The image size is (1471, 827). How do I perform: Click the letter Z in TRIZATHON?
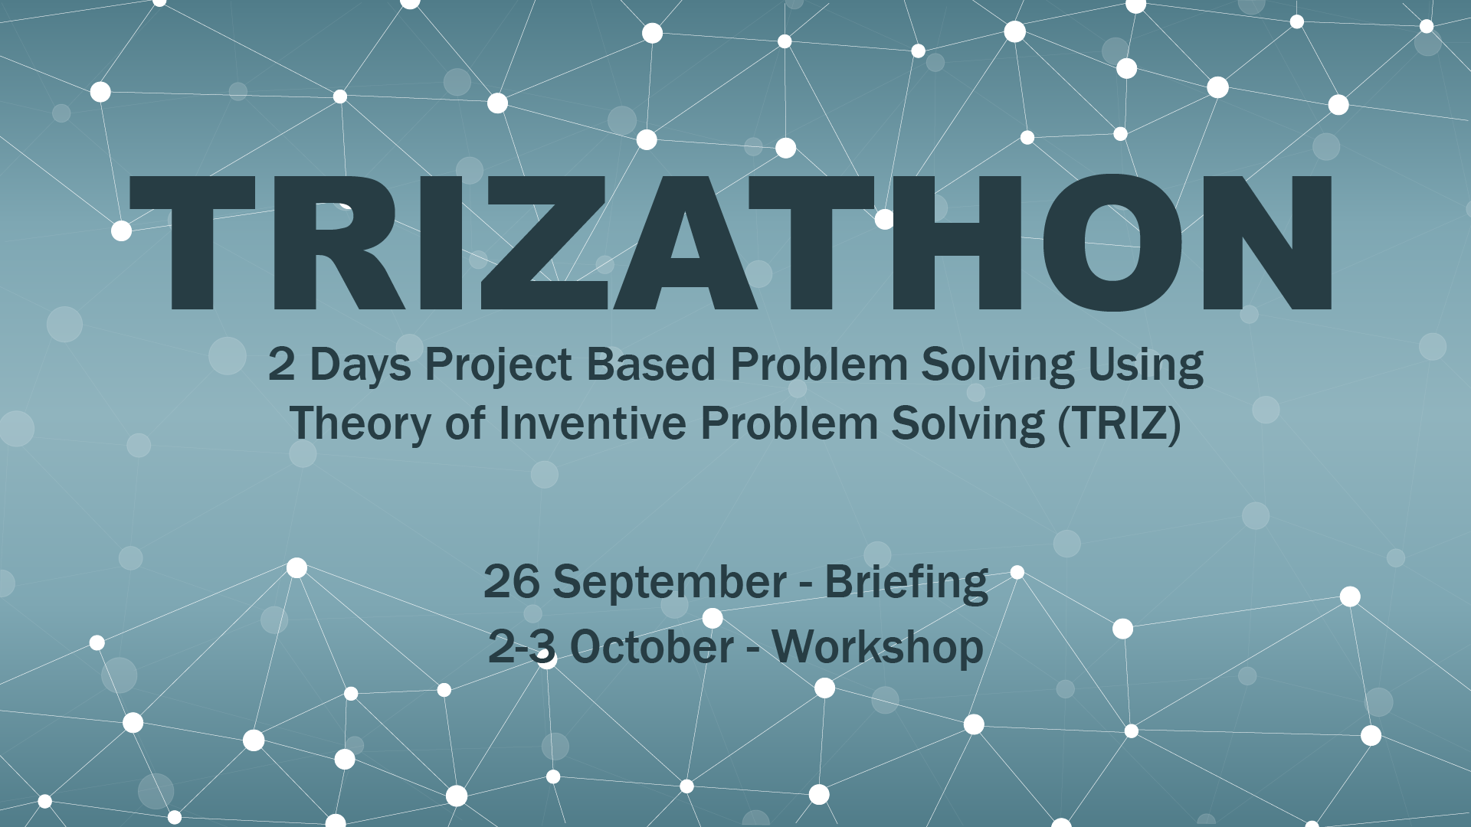545,242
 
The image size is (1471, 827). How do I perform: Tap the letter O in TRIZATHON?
1112,242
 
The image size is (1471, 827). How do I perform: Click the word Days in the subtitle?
360,364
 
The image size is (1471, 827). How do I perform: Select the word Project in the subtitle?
499,364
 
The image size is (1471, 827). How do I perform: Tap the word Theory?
360,424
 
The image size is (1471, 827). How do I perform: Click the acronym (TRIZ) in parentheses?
1119,423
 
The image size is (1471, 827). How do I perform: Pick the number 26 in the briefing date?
511,581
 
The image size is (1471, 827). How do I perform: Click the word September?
670,583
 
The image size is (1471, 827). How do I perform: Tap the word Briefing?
906,583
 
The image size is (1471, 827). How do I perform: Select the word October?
652,647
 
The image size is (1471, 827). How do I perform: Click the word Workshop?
877,648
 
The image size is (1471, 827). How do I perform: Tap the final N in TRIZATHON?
1267,242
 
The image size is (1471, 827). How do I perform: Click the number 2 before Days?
281,364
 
